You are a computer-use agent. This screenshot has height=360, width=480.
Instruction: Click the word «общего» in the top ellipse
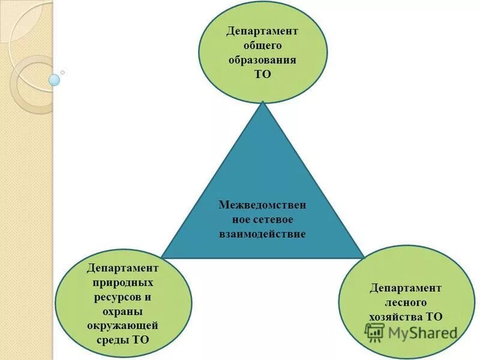[262, 46]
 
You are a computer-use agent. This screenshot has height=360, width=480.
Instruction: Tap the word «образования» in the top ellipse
[262, 60]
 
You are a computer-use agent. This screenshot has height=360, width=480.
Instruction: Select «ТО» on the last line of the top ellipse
[262, 74]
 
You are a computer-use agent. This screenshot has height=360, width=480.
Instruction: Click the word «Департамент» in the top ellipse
[262, 31]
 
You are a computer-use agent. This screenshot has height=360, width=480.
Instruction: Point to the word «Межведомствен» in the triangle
[262, 205]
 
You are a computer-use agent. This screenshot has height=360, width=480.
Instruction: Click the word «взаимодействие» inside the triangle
[262, 234]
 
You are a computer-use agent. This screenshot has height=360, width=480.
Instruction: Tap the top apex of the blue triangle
[262, 103]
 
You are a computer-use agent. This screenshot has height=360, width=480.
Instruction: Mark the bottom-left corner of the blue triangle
[161, 258]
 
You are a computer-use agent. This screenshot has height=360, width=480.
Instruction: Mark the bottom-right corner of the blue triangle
[364, 258]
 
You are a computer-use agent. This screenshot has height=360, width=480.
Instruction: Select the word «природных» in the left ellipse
[123, 281]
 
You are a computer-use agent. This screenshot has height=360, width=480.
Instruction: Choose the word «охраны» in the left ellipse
[123, 311]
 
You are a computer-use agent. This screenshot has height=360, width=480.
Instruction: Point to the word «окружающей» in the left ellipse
[123, 325]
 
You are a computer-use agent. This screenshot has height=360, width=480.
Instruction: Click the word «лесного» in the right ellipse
[406, 302]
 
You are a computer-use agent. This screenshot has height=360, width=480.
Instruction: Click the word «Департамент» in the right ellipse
[406, 288]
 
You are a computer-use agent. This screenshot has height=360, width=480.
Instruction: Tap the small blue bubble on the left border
[55, 79]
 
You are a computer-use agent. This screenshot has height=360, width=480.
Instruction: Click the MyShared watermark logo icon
[375, 332]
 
